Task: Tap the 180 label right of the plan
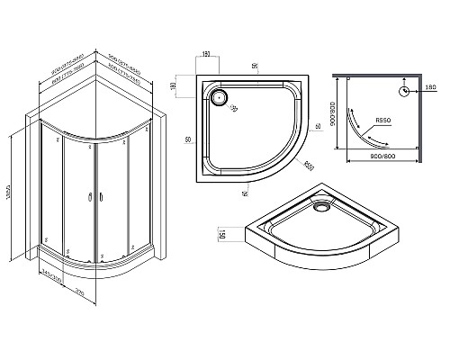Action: (429, 88)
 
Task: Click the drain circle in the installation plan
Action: (404, 90)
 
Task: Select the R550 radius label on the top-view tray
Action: (308, 166)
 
